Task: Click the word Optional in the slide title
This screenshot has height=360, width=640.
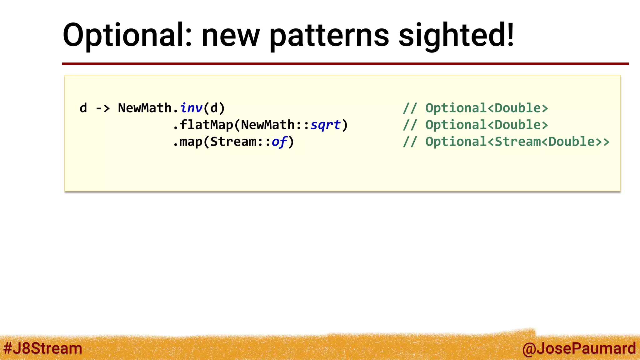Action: pos(127,35)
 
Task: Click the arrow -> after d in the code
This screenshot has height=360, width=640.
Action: pos(103,108)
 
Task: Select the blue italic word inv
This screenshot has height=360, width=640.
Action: pos(191,108)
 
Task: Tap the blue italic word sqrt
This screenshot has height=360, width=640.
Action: pos(325,125)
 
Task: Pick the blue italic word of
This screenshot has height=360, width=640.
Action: pos(279,142)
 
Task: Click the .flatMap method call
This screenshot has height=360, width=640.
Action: pos(203,125)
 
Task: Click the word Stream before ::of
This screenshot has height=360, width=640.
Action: pos(233,142)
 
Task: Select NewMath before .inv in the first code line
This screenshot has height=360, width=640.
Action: pos(145,108)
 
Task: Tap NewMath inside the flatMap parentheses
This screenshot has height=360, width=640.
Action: pos(268,125)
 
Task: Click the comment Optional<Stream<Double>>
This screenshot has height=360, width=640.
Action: pos(517,142)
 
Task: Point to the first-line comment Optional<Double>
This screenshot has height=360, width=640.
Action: pos(487,108)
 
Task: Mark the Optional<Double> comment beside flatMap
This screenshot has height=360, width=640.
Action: pos(487,125)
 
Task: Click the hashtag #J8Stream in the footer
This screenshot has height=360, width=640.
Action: pos(42,348)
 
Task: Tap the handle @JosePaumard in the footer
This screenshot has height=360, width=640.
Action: pos(579,348)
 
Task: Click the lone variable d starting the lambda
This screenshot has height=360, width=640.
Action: pos(83,108)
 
